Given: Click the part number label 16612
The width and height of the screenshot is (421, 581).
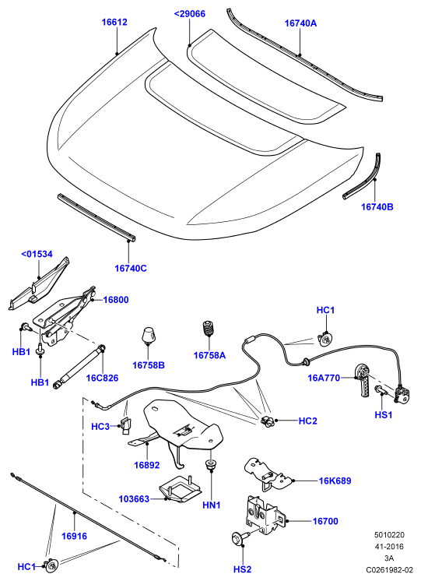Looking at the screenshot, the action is [x=114, y=23].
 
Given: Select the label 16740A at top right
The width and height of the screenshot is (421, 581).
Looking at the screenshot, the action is [x=300, y=23].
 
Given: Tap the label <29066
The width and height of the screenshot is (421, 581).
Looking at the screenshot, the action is [x=190, y=14].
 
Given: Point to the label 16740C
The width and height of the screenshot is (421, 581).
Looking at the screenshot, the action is [x=131, y=268].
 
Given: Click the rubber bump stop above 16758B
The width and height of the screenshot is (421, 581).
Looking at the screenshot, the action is [x=148, y=336].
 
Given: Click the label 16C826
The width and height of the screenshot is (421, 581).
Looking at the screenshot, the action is [x=102, y=379].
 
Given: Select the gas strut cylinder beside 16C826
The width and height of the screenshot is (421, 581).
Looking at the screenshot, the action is [x=79, y=367].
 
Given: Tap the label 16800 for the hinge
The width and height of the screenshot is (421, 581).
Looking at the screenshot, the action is [x=116, y=300].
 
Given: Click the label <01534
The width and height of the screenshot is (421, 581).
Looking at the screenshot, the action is [x=37, y=254].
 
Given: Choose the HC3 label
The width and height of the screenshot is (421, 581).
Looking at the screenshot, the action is [x=100, y=427].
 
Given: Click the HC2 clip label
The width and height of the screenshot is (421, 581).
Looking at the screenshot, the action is [x=308, y=421].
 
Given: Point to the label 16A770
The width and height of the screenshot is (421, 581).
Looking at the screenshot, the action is [x=324, y=378].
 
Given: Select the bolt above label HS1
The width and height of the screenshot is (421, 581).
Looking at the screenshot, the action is [x=381, y=390].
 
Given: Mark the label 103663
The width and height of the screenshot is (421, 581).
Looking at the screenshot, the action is [x=134, y=499].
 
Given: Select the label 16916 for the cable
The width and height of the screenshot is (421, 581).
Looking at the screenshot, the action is [x=74, y=536].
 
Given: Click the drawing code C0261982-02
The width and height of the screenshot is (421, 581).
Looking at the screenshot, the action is [x=390, y=570].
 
